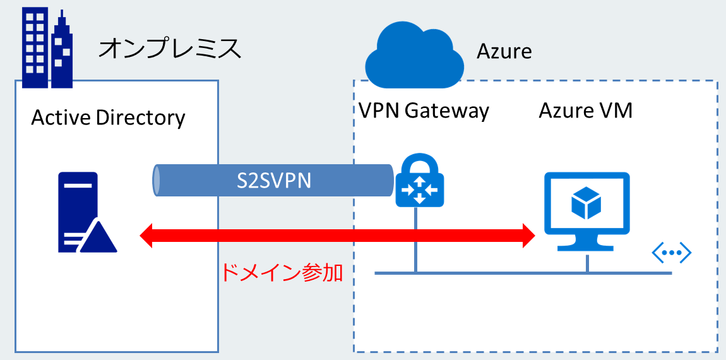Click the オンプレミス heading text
170,49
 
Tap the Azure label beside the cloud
504,51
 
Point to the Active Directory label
108,117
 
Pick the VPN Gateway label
424,111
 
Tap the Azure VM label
585,111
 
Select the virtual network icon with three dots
672,254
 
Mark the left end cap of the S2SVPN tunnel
155,181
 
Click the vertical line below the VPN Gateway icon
416,240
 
